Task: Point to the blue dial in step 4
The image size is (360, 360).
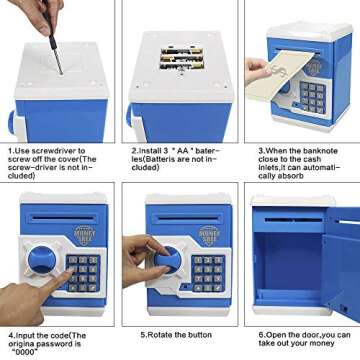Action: [x=42, y=260]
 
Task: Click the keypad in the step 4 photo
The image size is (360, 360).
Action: [x=83, y=273]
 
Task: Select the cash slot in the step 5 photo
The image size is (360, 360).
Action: [x=188, y=219]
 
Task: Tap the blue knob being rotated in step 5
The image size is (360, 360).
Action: [x=168, y=260]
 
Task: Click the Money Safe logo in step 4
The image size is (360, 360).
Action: [x=85, y=235]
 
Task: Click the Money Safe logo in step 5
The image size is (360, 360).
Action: [x=209, y=235]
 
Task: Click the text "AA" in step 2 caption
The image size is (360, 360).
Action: [x=182, y=151]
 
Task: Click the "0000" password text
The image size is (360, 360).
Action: [x=25, y=353]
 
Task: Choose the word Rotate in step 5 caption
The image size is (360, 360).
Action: [x=160, y=335]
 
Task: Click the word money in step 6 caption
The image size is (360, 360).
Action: [x=322, y=343]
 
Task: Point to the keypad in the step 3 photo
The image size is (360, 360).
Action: [x=313, y=97]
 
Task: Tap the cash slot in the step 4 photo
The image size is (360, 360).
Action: [x=63, y=219]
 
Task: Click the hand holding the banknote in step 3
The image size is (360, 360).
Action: [x=258, y=71]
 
